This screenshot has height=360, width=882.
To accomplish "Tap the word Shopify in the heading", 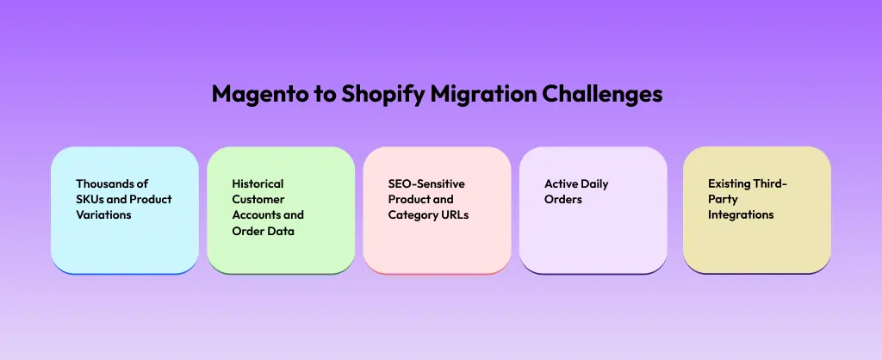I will click(383, 95).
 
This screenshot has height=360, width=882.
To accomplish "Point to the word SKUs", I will click(91, 199).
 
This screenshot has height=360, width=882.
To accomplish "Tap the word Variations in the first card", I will click(103, 214).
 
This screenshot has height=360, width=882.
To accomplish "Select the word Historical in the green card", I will click(258, 183).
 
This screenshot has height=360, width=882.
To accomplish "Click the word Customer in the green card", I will click(257, 199).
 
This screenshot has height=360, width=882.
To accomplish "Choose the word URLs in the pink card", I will click(454, 214).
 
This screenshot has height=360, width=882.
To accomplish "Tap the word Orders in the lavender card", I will click(563, 199).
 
